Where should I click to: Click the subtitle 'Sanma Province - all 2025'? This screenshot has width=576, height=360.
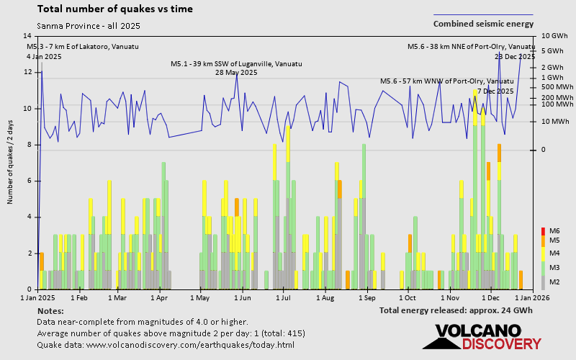click(89, 26)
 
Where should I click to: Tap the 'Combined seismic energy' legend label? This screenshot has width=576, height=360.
click(483, 24)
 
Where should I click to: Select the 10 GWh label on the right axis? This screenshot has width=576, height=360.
click(554, 35)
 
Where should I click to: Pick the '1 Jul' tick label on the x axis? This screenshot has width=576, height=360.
click(283, 297)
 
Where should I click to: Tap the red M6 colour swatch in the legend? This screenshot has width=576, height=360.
click(543, 231)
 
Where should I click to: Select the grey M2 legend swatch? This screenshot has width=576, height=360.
click(543, 282)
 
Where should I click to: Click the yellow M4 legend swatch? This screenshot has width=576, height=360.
click(543, 253)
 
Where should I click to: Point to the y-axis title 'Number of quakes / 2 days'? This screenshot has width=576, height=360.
click(11, 163)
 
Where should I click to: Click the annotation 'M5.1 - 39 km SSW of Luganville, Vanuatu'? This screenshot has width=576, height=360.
click(235, 64)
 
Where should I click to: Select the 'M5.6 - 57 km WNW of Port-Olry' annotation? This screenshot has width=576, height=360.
click(446, 81)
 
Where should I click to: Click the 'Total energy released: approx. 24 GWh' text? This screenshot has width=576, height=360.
click(456, 310)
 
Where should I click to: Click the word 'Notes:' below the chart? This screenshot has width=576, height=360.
click(50, 310)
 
